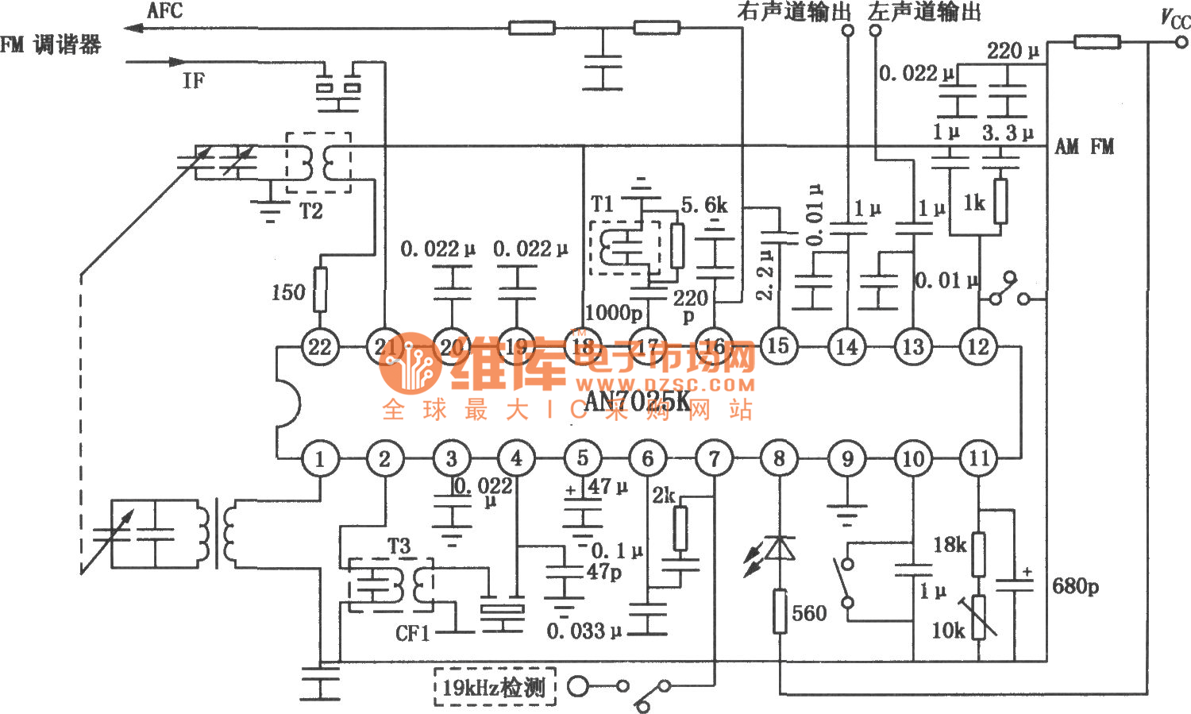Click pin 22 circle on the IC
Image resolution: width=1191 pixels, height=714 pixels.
pyautogui.click(x=320, y=346)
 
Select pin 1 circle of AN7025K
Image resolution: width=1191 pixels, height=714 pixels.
pyautogui.click(x=320, y=458)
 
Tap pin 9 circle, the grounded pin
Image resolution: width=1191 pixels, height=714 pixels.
pyautogui.click(x=846, y=458)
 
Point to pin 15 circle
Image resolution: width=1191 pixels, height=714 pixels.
pyautogui.click(x=777, y=345)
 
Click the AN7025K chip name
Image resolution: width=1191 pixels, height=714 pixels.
pyautogui.click(x=638, y=401)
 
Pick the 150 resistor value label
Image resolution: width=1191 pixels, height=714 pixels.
pyautogui.click(x=287, y=292)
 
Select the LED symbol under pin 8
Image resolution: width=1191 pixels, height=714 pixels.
pyautogui.click(x=779, y=550)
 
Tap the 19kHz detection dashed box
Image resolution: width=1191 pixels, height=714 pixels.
pyautogui.click(x=494, y=687)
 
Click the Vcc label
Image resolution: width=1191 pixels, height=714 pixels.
pyautogui.click(x=1175, y=18)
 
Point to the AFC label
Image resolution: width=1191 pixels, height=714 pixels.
pyautogui.click(x=165, y=11)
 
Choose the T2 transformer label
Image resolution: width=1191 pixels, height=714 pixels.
pyautogui.click(x=310, y=211)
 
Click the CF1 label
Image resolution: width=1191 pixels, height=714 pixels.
pyautogui.click(x=413, y=633)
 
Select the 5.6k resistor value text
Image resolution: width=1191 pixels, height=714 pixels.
pyautogui.click(x=704, y=206)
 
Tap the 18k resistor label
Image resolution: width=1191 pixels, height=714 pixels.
pyautogui.click(x=950, y=545)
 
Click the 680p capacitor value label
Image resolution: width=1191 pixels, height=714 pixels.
pyautogui.click(x=1075, y=587)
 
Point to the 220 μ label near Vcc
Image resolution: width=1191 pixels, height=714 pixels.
pyautogui.click(x=1012, y=51)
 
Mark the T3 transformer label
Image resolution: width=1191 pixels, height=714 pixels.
pyautogui.click(x=399, y=546)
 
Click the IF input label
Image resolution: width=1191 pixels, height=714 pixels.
pyautogui.click(x=193, y=80)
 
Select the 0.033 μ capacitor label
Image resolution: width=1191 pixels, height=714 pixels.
pyautogui.click(x=584, y=631)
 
